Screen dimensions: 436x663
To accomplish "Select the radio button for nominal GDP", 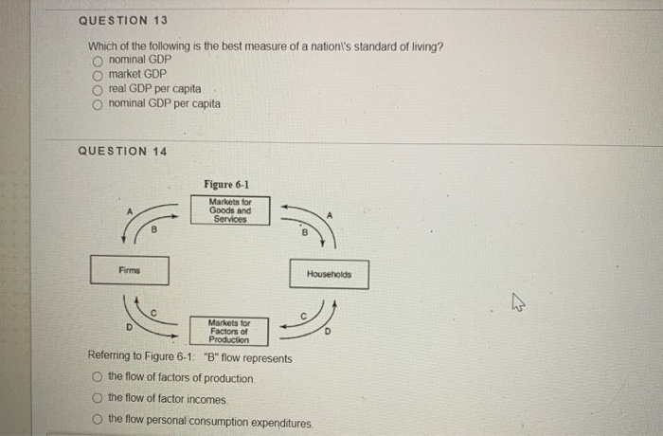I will point(96,60).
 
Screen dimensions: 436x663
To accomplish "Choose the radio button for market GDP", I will point(96,74).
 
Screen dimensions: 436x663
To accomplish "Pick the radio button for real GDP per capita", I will point(96,88).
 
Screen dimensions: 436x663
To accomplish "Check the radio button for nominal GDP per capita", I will point(96,103).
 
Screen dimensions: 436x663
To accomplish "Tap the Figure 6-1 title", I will point(227,184).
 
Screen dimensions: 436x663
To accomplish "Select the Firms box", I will point(130,270).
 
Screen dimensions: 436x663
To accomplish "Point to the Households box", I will point(329,274).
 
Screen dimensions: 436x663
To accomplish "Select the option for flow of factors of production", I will point(97,378).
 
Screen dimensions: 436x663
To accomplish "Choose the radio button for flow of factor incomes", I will point(97,399).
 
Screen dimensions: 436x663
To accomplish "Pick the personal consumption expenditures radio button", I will point(97,419).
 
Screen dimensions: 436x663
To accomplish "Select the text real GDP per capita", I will point(154,88).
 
